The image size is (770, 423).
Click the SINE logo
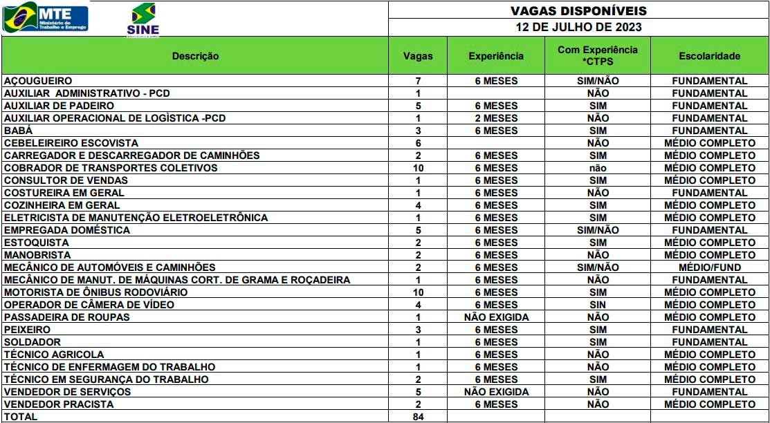(x=143, y=19)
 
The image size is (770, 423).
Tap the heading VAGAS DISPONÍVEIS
(x=578, y=11)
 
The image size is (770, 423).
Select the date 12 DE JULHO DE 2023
(x=578, y=28)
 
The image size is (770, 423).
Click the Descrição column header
(x=195, y=56)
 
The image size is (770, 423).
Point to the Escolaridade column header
(x=709, y=56)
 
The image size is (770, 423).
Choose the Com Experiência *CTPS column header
(x=598, y=56)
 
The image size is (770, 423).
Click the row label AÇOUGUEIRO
(x=38, y=81)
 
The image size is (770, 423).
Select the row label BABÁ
(x=18, y=131)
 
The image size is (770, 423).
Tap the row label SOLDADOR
(x=32, y=342)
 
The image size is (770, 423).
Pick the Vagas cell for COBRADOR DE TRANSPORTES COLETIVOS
(x=418, y=168)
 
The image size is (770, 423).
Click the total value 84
(x=418, y=417)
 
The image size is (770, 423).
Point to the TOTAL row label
(x=21, y=417)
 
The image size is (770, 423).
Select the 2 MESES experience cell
(x=496, y=118)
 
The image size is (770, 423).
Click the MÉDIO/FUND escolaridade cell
(x=709, y=267)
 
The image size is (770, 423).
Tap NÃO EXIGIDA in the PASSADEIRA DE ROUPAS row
(x=496, y=317)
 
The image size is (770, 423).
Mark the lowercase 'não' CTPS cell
(x=598, y=168)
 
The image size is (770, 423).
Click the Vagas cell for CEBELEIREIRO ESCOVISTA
(x=418, y=143)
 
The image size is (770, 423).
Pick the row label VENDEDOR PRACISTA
(x=59, y=404)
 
